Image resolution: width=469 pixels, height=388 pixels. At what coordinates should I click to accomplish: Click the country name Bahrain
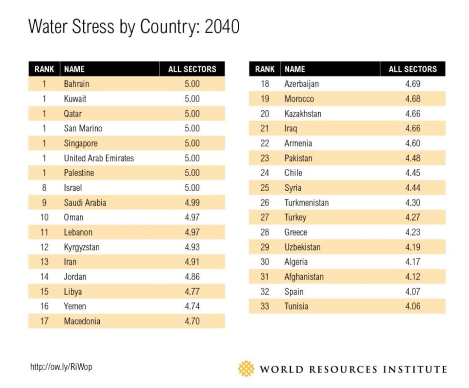point(76,84)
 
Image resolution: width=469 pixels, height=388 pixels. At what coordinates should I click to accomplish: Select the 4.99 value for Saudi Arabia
point(192,202)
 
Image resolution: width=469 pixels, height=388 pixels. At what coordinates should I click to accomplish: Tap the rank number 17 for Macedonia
point(44,321)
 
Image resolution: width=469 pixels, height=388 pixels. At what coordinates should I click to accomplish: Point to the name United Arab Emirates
point(99,158)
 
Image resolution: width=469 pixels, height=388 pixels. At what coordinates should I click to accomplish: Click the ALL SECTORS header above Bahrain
point(192,69)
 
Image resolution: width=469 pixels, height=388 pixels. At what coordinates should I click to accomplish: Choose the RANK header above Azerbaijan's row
point(265,69)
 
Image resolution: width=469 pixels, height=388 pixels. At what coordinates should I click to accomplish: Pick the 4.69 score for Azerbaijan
point(412,84)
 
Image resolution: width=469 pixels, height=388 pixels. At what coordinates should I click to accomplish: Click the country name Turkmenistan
point(307,202)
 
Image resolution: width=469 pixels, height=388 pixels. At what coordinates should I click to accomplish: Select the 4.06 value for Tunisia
point(412,306)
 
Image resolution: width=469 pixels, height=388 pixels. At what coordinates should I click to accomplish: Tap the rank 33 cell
point(265,306)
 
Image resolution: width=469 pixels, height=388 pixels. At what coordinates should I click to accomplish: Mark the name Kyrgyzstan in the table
point(81,247)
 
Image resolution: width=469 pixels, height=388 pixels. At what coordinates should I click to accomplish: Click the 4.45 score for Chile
point(412,173)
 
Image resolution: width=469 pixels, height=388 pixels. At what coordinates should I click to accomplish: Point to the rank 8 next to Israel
point(44,188)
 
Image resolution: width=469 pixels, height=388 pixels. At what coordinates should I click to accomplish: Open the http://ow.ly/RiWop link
point(61,367)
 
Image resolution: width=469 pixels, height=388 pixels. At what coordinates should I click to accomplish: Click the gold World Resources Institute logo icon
point(246,368)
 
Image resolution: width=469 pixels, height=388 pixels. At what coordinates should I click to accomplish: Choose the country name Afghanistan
point(304,277)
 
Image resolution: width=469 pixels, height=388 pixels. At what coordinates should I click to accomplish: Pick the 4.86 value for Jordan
point(192,277)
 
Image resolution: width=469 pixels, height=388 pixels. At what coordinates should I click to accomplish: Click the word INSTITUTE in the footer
point(415,369)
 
